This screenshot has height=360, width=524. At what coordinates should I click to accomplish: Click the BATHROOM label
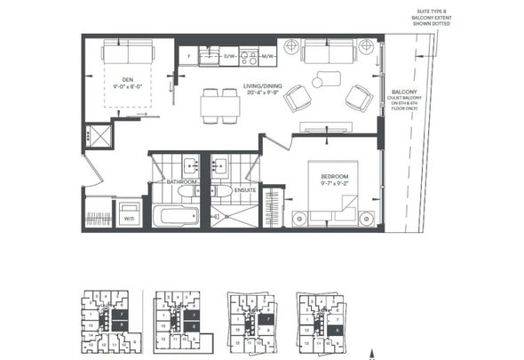coord(182,181)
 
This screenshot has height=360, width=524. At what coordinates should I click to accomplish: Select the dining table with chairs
coord(217,104)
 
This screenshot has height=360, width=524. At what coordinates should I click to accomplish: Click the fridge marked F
coord(189,56)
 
